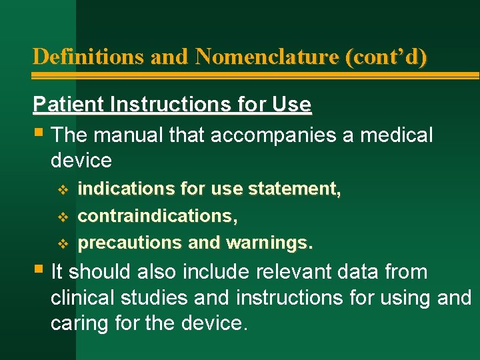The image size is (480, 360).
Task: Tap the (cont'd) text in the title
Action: (x=386, y=57)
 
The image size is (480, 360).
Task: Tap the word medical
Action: (x=396, y=135)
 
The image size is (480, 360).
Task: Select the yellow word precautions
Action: (x=131, y=243)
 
